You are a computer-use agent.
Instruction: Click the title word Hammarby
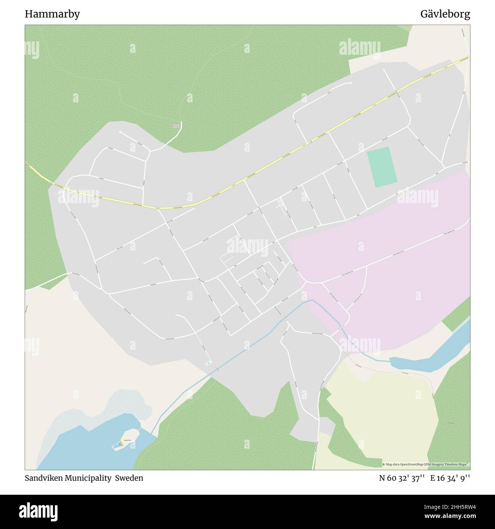click(x=52, y=14)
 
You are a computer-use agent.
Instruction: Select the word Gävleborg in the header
click(x=445, y=14)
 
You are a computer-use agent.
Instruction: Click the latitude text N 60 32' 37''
click(x=402, y=478)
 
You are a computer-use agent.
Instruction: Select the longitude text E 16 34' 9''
click(x=450, y=478)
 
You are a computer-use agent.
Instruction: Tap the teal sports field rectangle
click(x=382, y=167)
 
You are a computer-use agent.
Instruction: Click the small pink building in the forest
click(x=176, y=126)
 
